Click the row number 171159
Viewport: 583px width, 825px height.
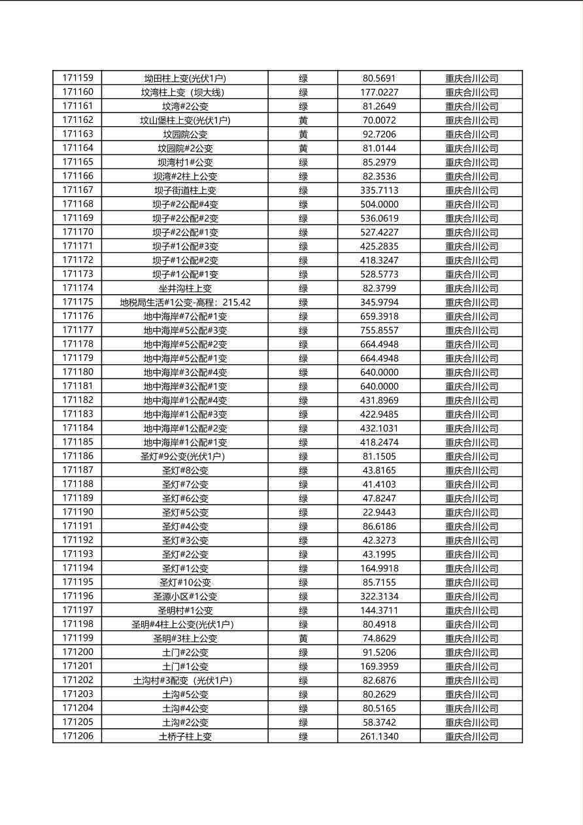click(x=78, y=78)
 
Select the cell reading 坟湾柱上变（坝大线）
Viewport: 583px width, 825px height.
click(x=185, y=92)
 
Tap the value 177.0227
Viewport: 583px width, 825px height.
click(x=379, y=92)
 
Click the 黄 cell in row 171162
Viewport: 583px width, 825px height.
click(x=303, y=120)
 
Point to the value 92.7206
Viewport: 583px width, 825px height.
click(x=379, y=134)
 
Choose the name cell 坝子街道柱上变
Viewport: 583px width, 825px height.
click(x=185, y=190)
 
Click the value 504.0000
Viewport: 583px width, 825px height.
click(x=379, y=204)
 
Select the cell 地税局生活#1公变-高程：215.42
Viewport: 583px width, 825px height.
click(x=185, y=302)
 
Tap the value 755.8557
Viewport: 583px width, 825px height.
click(x=379, y=330)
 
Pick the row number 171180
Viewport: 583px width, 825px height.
click(x=78, y=372)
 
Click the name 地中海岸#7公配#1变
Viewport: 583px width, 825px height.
click(x=185, y=316)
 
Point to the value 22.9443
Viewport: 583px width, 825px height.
click(x=379, y=512)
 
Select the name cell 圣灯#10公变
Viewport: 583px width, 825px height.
click(x=185, y=582)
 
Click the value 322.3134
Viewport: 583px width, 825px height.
click(x=379, y=596)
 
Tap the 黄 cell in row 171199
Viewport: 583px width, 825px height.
click(x=303, y=638)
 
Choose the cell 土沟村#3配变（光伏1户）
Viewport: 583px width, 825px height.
click(x=185, y=681)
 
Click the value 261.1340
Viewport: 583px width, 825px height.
click(x=379, y=736)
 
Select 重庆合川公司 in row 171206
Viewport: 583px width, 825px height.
click(x=471, y=736)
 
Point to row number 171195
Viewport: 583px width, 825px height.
click(x=78, y=582)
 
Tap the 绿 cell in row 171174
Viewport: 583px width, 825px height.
click(x=303, y=288)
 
